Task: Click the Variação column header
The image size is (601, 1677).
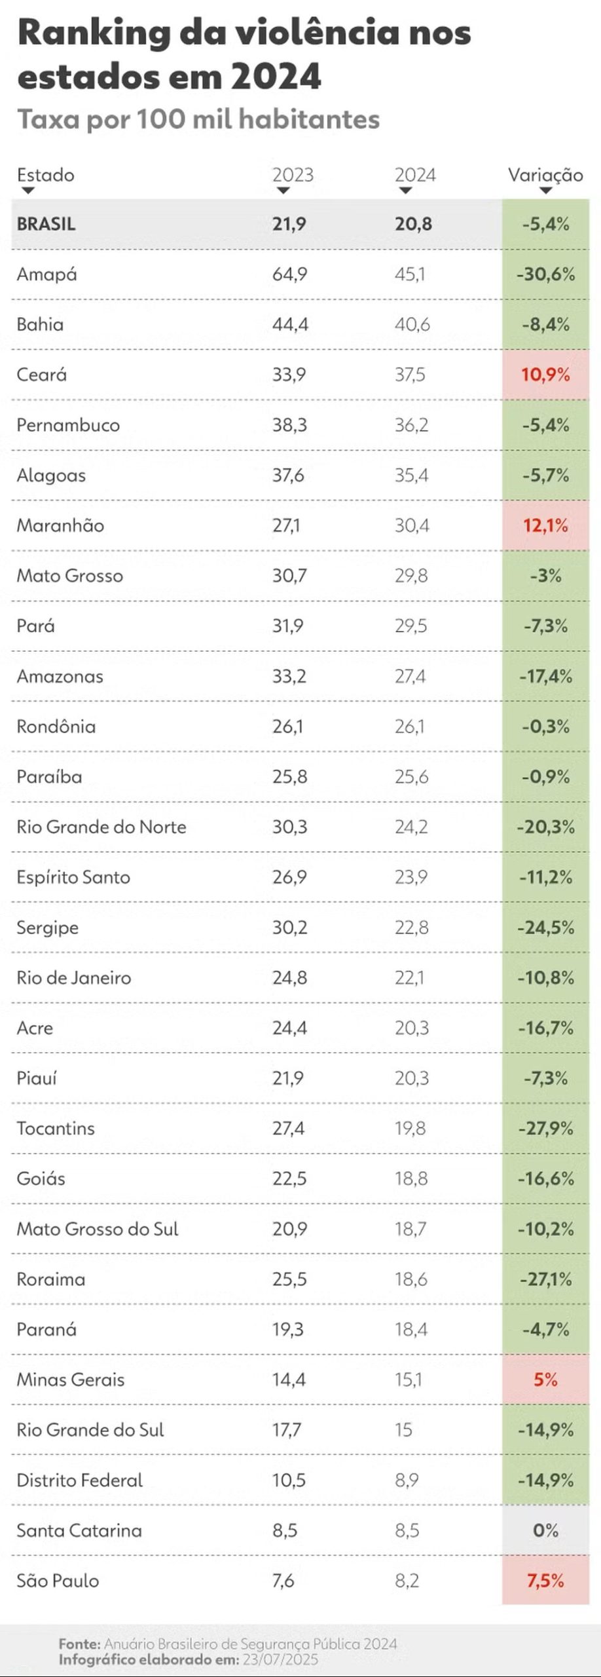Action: click(x=545, y=175)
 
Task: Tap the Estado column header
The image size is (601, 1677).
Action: click(x=45, y=175)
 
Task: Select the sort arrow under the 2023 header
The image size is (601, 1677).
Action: click(x=283, y=191)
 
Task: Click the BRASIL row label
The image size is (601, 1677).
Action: click(x=46, y=224)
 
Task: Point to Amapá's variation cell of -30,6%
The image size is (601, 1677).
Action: click(x=545, y=274)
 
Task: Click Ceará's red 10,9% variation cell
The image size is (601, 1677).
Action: click(x=545, y=375)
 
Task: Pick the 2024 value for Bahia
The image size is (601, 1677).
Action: click(x=412, y=324)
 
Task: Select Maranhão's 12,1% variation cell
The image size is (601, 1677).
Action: click(x=545, y=525)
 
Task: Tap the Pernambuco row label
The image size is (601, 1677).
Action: click(x=68, y=425)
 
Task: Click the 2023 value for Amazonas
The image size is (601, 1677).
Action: click(x=289, y=676)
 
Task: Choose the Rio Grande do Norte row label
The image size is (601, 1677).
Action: click(x=101, y=827)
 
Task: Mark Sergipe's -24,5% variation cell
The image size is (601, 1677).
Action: click(x=545, y=928)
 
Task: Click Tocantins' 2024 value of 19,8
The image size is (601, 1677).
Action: click(x=410, y=1128)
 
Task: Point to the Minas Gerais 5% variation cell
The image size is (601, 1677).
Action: click(x=545, y=1380)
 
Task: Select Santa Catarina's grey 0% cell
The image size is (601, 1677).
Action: click(x=545, y=1530)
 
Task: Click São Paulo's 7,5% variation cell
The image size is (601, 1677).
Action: click(x=545, y=1581)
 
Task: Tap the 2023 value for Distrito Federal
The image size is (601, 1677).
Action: click(x=289, y=1480)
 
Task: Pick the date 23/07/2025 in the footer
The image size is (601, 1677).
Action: click(x=280, y=1659)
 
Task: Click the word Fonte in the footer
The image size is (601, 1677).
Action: click(x=79, y=1644)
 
